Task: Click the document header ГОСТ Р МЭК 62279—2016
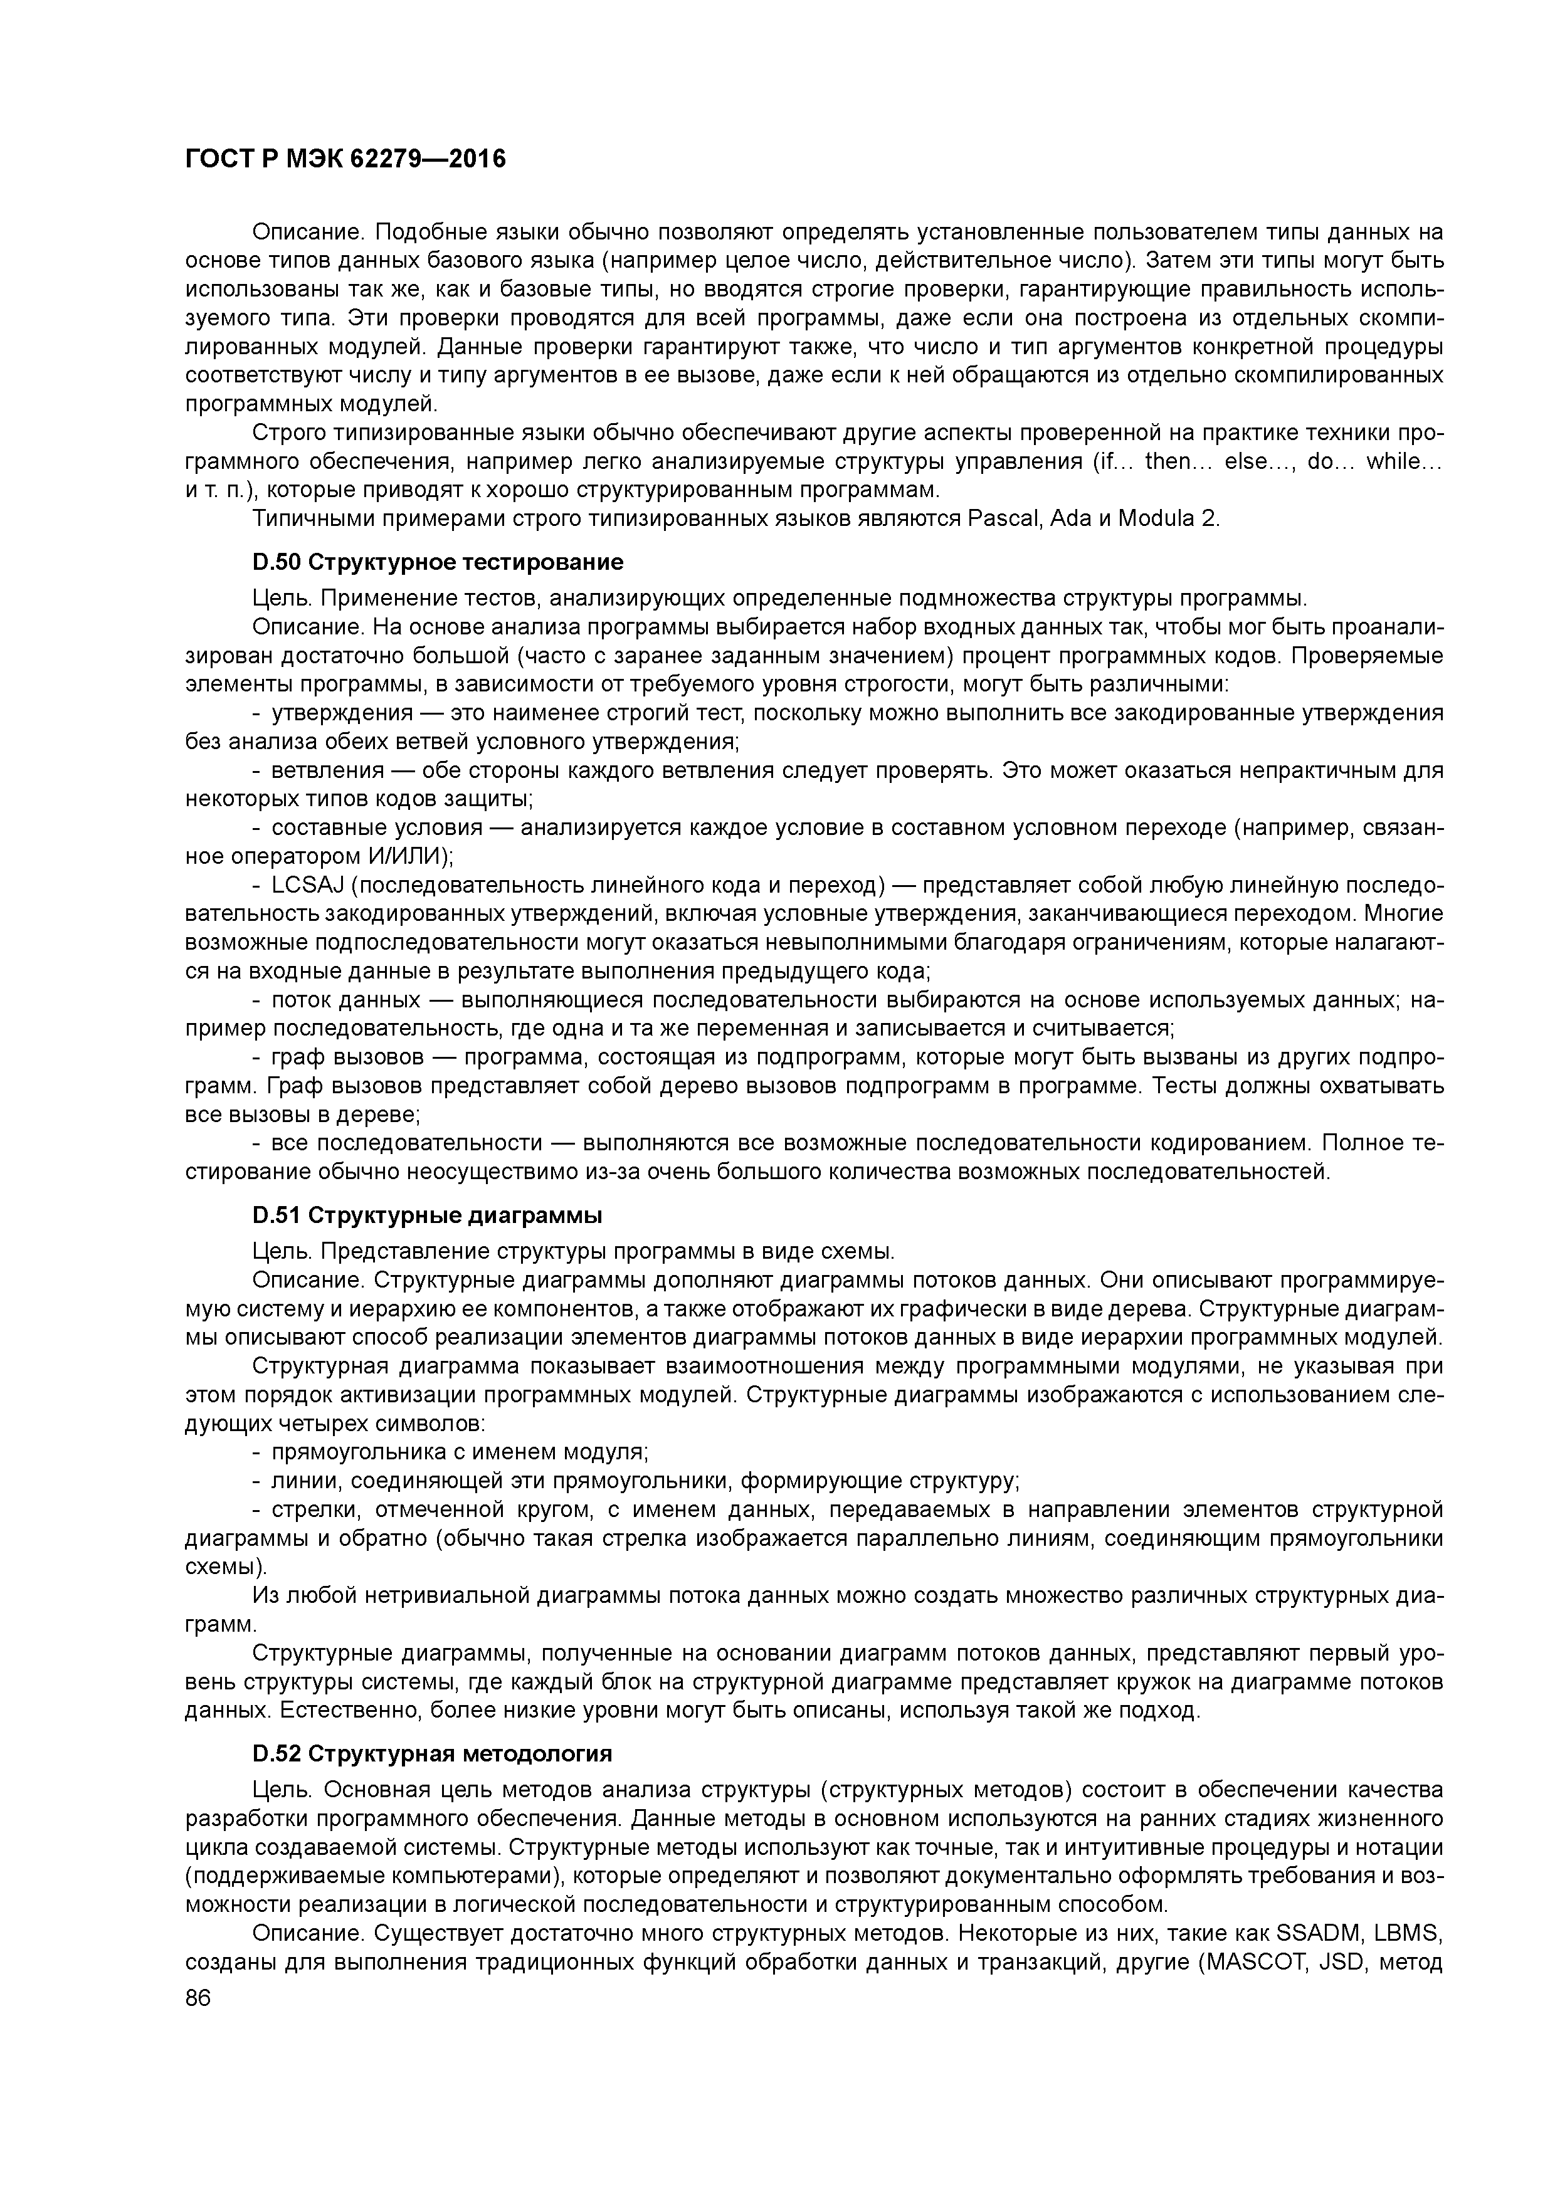coord(345,159)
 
